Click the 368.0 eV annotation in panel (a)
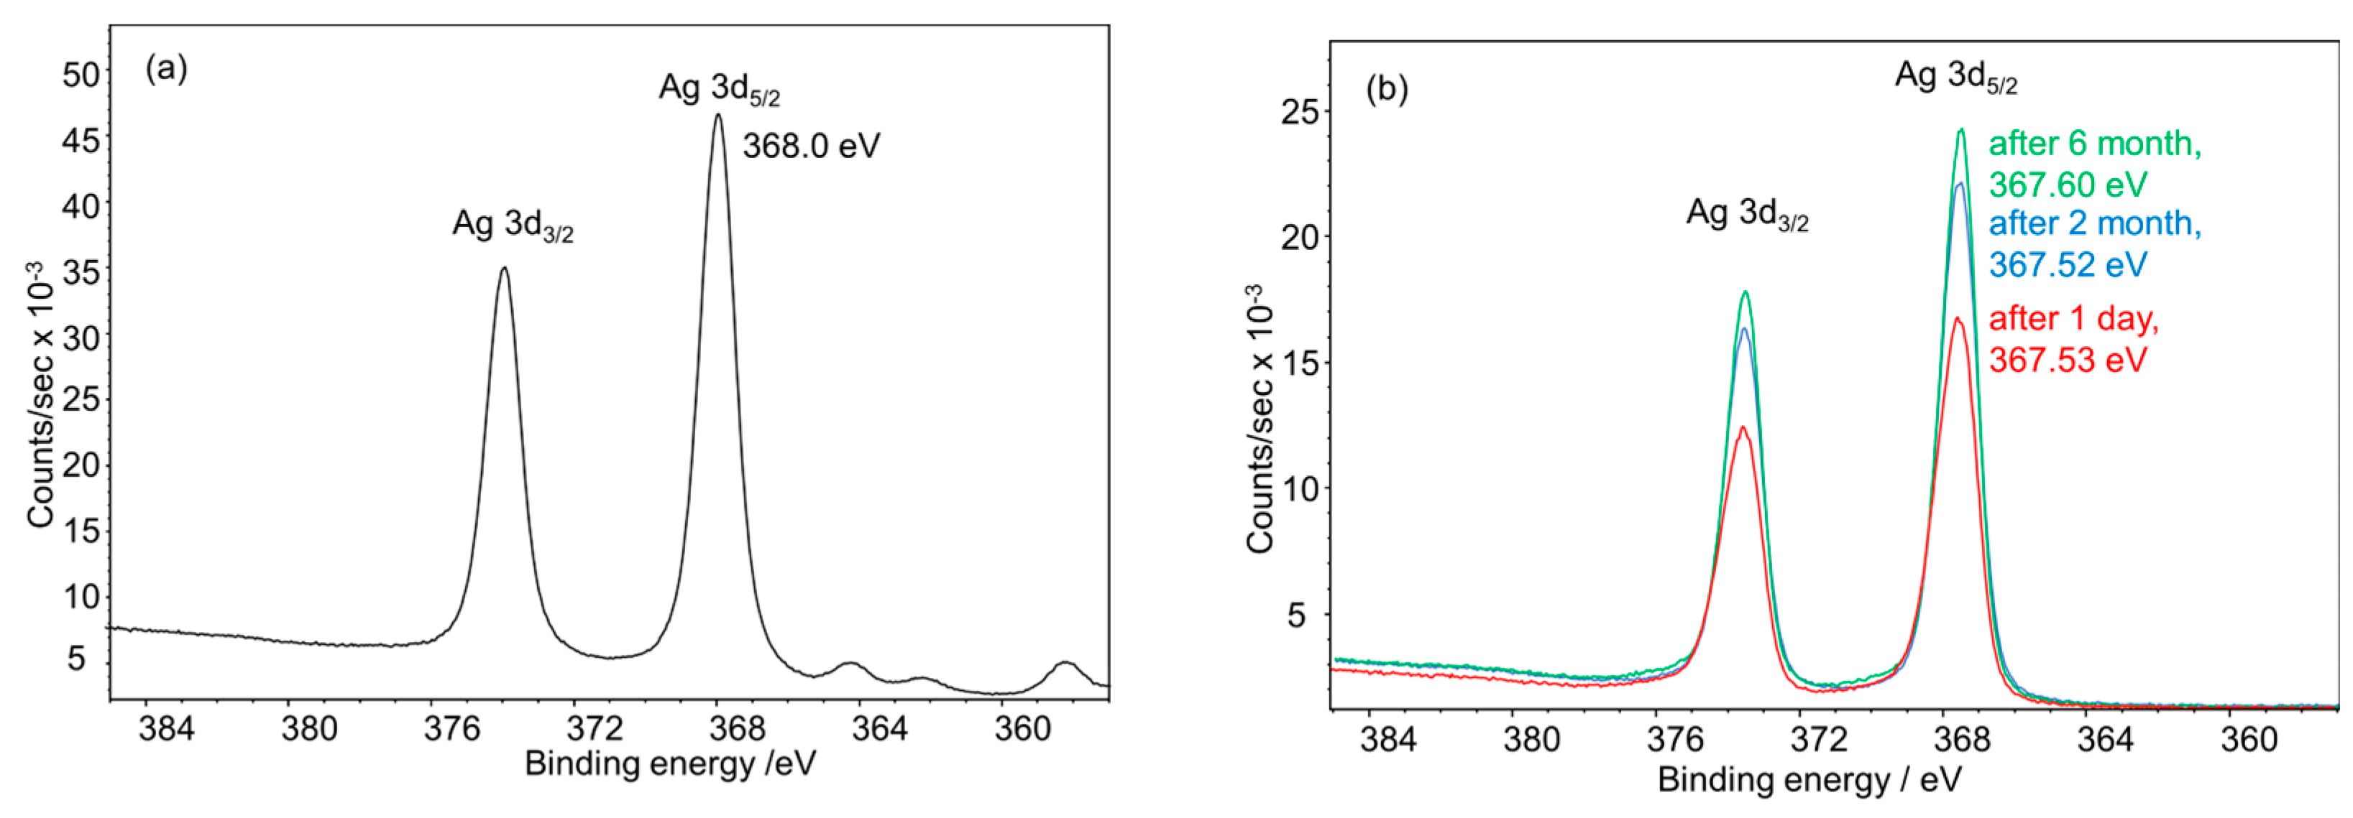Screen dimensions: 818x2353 tap(811, 146)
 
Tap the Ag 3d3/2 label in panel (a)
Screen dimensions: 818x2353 tap(513, 226)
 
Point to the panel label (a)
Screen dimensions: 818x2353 tap(166, 70)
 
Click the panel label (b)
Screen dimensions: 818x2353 tap(1387, 90)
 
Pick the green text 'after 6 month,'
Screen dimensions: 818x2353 tap(2094, 144)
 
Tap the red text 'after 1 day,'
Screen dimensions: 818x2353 tap(2073, 319)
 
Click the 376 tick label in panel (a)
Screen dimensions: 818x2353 tap(452, 728)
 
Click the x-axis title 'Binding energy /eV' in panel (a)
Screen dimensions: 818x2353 tap(669, 763)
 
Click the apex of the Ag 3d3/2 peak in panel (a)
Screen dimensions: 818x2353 tap(503, 269)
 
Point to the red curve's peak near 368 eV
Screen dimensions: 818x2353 tap(1958, 319)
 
